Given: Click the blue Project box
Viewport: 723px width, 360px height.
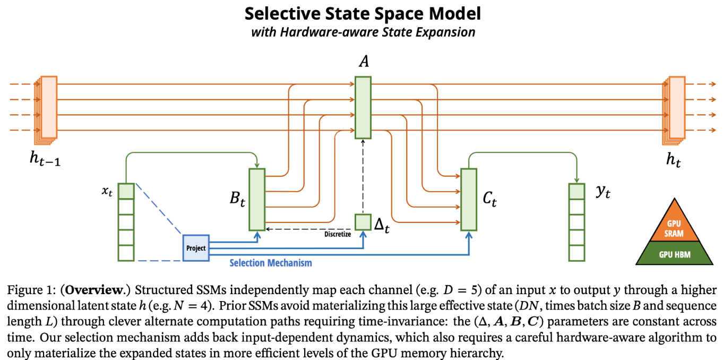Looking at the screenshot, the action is click(196, 248).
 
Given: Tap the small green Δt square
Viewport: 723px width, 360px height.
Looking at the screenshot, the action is click(363, 222).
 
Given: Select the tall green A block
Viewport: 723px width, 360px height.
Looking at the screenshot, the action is click(363, 107).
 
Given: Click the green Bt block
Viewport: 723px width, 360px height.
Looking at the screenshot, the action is click(257, 200).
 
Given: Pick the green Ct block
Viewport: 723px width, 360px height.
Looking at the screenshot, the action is click(469, 200).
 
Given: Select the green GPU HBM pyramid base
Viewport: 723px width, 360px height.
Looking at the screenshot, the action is click(674, 253).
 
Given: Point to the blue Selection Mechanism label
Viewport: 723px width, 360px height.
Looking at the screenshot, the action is click(271, 263).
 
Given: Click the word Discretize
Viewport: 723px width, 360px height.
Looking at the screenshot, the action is click(338, 234).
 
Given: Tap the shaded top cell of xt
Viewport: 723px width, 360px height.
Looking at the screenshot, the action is click(126, 191).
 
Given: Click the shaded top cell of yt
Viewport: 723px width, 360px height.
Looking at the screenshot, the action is click(577, 191).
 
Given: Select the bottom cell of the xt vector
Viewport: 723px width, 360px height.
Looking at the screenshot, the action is click(126, 253).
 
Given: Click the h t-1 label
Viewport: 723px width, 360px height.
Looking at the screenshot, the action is click(45, 159).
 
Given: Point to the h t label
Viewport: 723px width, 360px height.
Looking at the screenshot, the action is click(674, 160).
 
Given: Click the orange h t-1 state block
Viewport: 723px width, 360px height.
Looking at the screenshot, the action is click(46, 110).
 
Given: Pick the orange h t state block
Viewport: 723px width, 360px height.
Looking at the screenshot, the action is click(674, 110).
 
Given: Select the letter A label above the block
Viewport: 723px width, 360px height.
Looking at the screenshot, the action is click(364, 61).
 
